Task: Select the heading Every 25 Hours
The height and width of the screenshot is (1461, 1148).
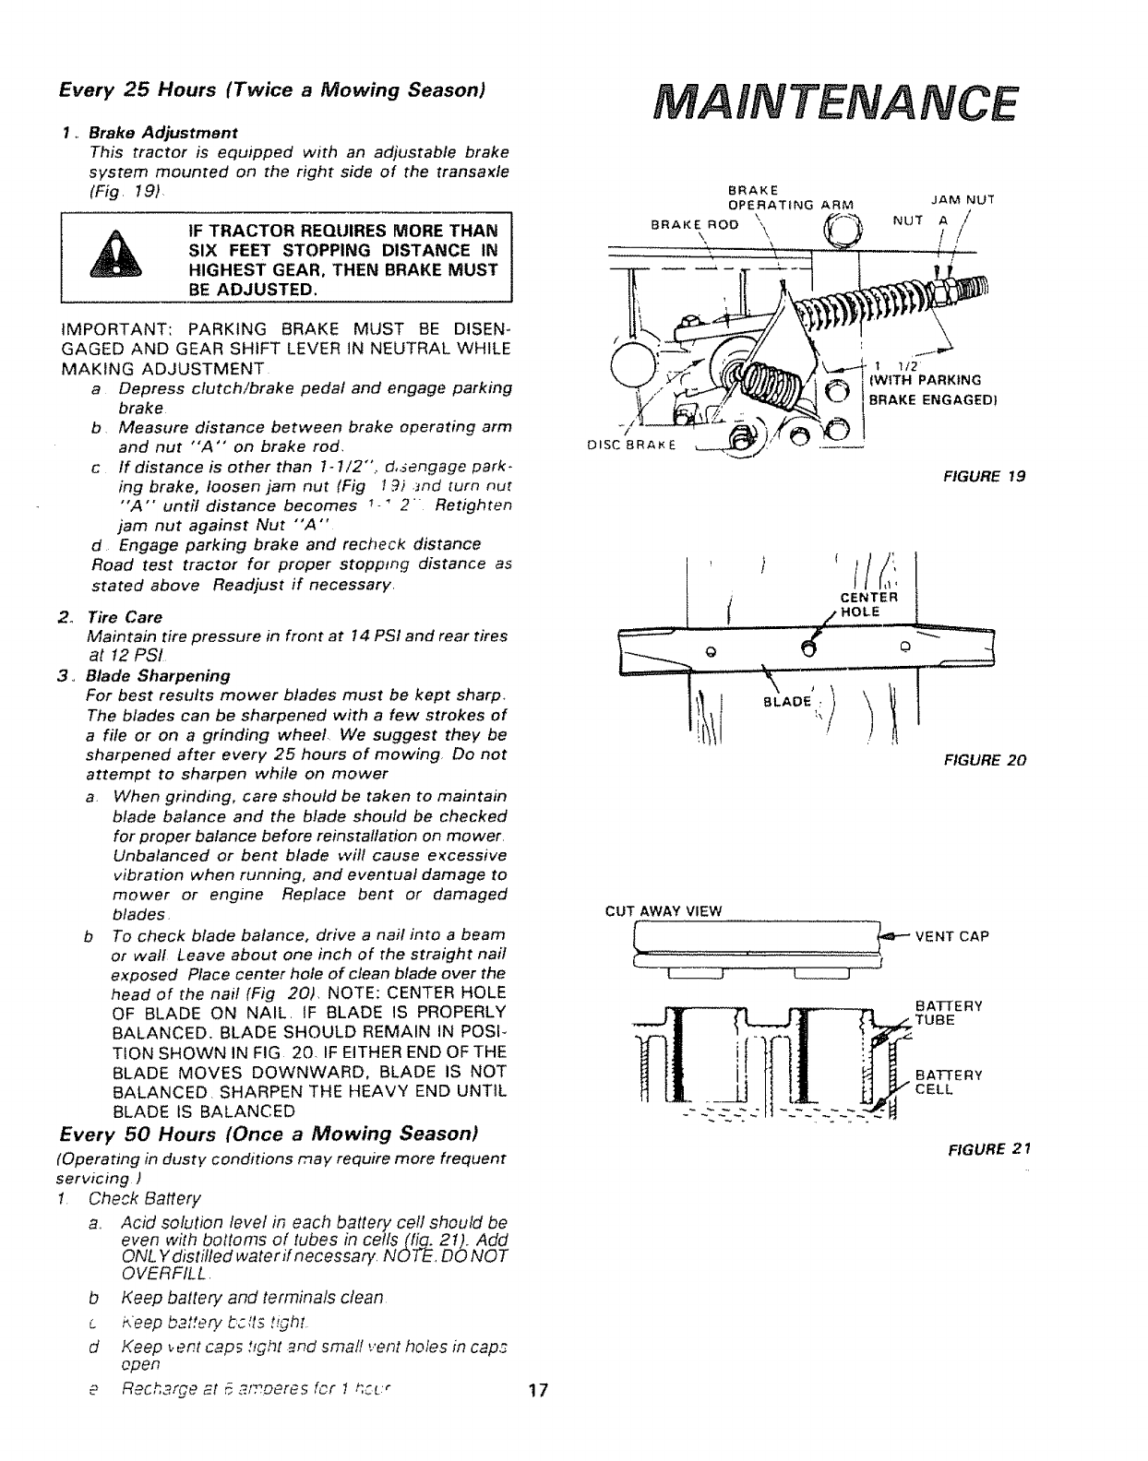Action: click(x=272, y=91)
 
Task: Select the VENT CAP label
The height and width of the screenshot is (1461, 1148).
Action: click(x=951, y=936)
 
